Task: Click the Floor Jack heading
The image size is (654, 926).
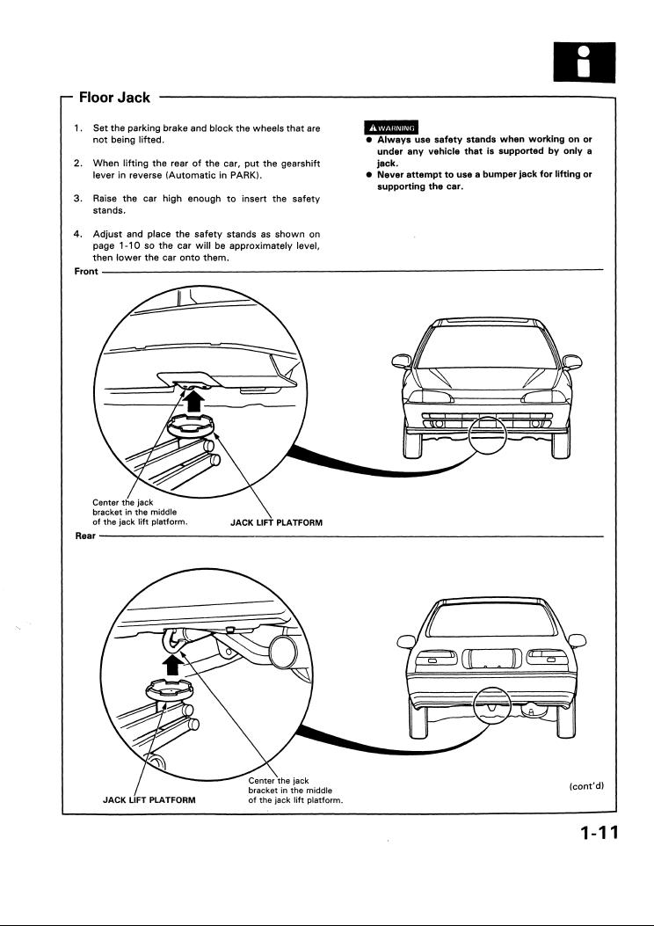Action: click(114, 97)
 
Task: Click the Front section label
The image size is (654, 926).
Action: click(86, 271)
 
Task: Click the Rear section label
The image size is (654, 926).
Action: click(84, 533)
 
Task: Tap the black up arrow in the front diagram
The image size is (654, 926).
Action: click(194, 400)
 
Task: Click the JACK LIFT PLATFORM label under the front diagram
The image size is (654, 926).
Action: click(276, 522)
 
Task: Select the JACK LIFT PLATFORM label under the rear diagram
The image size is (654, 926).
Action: click(149, 800)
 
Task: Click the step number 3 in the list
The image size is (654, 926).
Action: click(78, 200)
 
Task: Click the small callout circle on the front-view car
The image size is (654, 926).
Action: click(488, 434)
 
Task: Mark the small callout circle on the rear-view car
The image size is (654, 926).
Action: click(498, 704)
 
